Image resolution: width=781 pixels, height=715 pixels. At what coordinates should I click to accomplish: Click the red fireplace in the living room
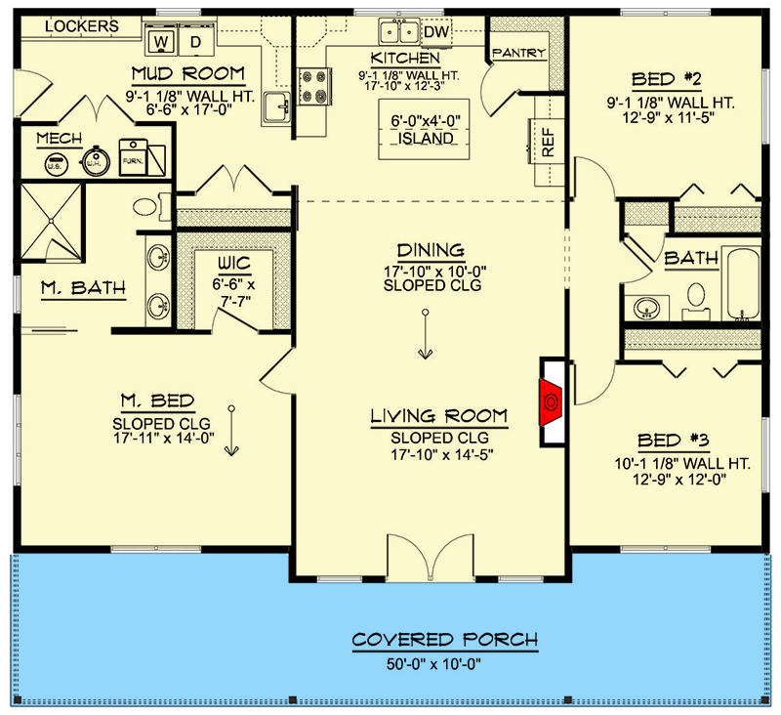tap(552, 400)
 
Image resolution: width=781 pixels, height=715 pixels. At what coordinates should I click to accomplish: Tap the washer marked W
tap(162, 41)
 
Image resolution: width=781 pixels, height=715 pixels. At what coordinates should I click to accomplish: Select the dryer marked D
tap(195, 41)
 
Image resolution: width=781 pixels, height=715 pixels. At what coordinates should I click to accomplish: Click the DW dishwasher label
tap(436, 33)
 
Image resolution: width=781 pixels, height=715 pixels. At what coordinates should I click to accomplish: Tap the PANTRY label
tap(517, 53)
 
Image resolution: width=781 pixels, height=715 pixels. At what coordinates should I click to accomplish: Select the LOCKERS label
tap(82, 25)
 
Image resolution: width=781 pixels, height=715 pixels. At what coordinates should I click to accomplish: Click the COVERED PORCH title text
tap(444, 641)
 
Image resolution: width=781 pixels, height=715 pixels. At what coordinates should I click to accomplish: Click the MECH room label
tap(59, 139)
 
